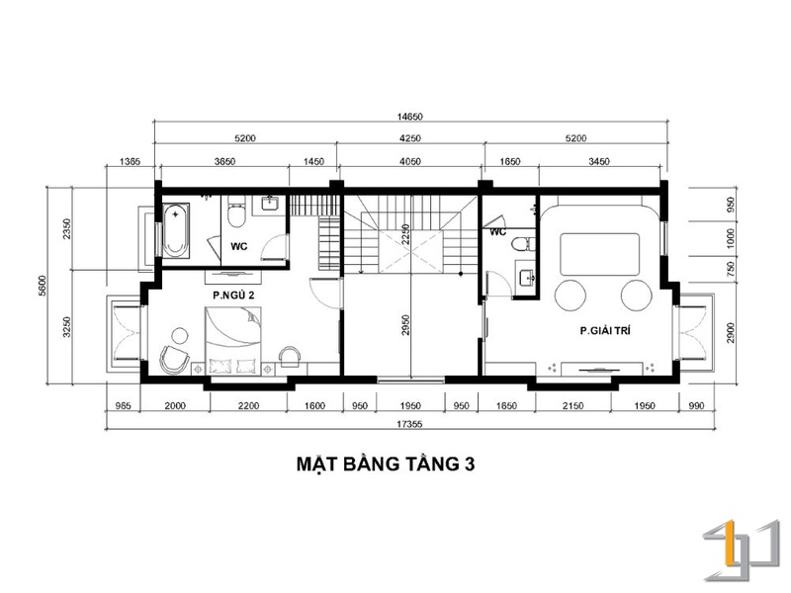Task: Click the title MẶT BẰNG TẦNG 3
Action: [386, 464]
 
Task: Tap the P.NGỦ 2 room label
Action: [233, 296]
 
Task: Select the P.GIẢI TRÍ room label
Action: [605, 331]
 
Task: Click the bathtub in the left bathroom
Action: [176, 231]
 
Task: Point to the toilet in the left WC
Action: [236, 212]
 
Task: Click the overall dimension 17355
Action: [409, 425]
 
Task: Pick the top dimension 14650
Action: [409, 117]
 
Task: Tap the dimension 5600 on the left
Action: [43, 286]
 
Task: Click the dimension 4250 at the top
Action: [409, 138]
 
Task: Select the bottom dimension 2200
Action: [248, 406]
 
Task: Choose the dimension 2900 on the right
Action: [731, 333]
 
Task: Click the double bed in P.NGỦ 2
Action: [233, 341]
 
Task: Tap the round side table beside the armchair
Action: [179, 336]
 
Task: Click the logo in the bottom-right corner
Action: [741, 551]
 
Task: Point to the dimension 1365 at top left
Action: [130, 162]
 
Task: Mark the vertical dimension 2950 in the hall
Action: [405, 325]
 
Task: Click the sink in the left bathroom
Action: [270, 205]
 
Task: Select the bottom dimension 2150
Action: [573, 406]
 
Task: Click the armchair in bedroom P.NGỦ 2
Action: [174, 360]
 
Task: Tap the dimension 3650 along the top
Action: [224, 162]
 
